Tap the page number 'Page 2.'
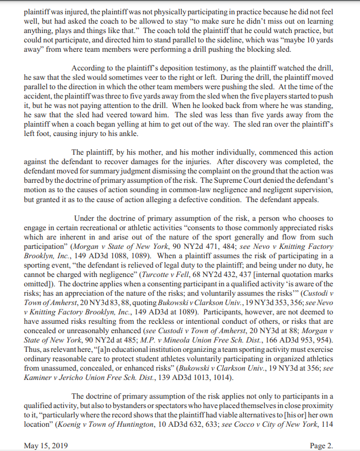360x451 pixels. [x=321, y=445]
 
